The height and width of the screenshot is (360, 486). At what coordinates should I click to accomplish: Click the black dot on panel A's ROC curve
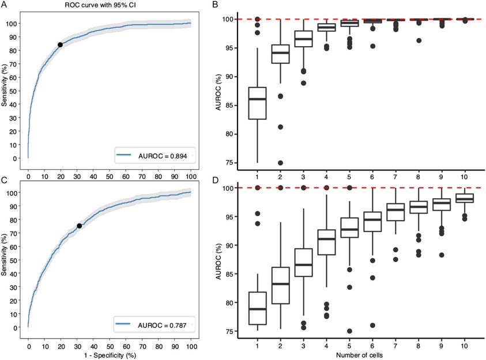(x=60, y=44)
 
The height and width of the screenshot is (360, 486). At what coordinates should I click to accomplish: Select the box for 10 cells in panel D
(x=464, y=198)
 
